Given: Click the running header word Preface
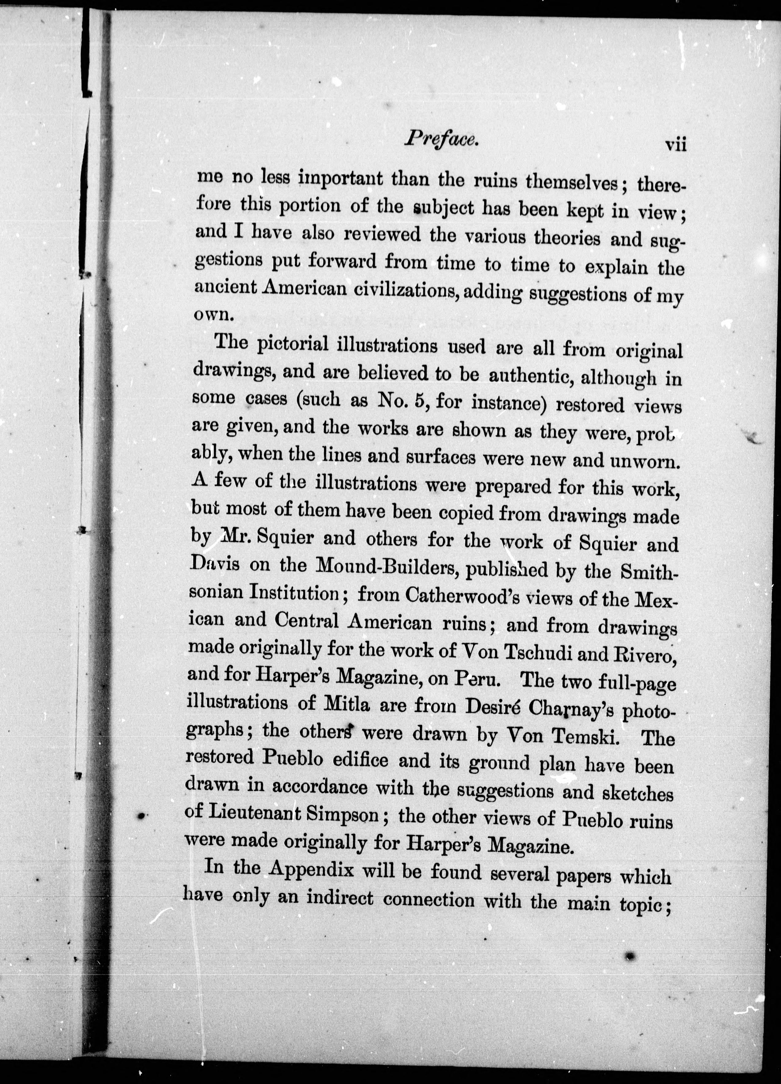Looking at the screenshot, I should click(x=441, y=139).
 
